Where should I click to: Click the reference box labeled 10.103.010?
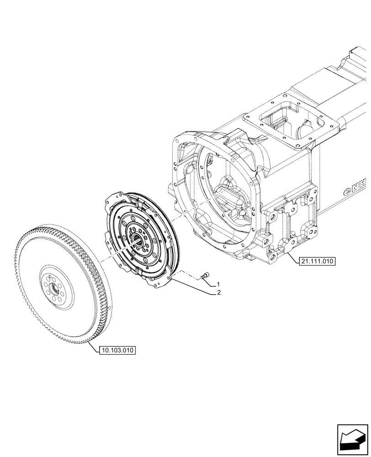[x=117, y=351]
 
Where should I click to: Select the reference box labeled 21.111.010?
[x=317, y=261]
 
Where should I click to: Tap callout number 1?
[x=219, y=284]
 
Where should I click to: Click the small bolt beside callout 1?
[x=205, y=276]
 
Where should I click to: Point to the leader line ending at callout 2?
[x=192, y=286]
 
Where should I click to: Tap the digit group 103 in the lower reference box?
[x=117, y=351]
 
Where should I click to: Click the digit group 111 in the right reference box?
[x=317, y=261]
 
